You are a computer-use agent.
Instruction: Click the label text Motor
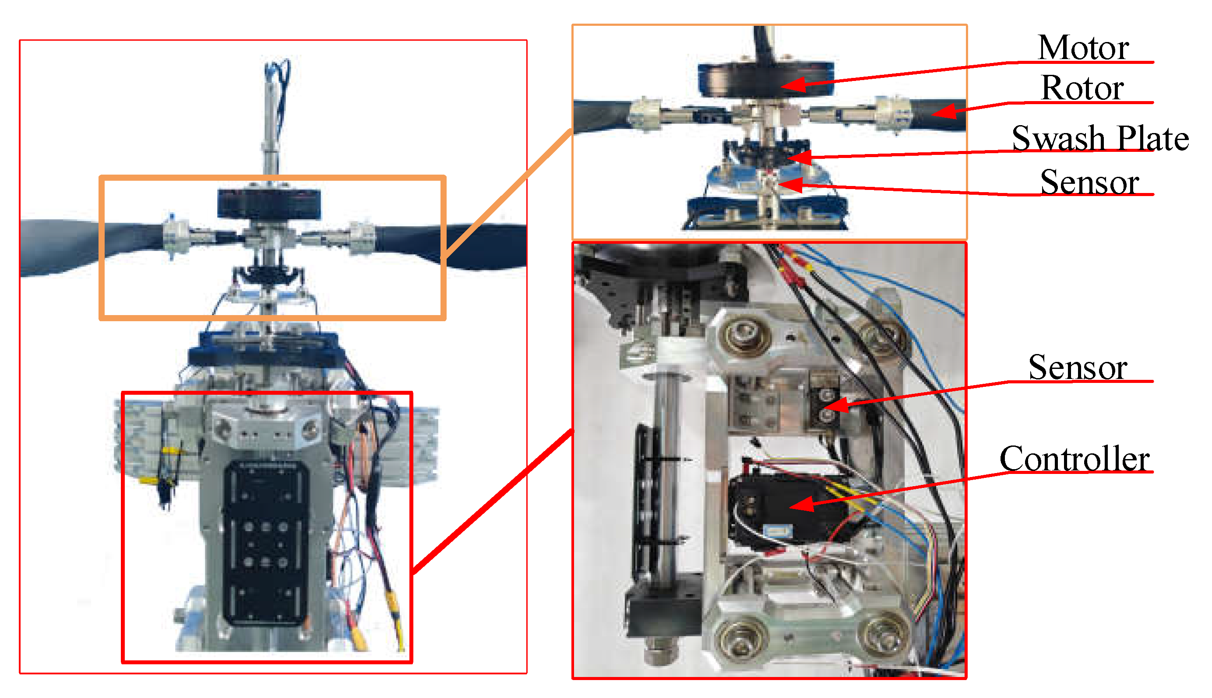coord(1082,48)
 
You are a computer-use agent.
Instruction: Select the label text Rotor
coord(1082,88)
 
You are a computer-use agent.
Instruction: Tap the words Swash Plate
coord(1100,138)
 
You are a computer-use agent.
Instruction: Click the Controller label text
coord(1075,459)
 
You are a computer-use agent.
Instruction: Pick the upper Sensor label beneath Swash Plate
coord(1089,182)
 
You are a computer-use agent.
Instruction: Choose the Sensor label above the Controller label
coord(1077,368)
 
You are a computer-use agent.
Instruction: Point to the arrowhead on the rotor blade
coord(944,112)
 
